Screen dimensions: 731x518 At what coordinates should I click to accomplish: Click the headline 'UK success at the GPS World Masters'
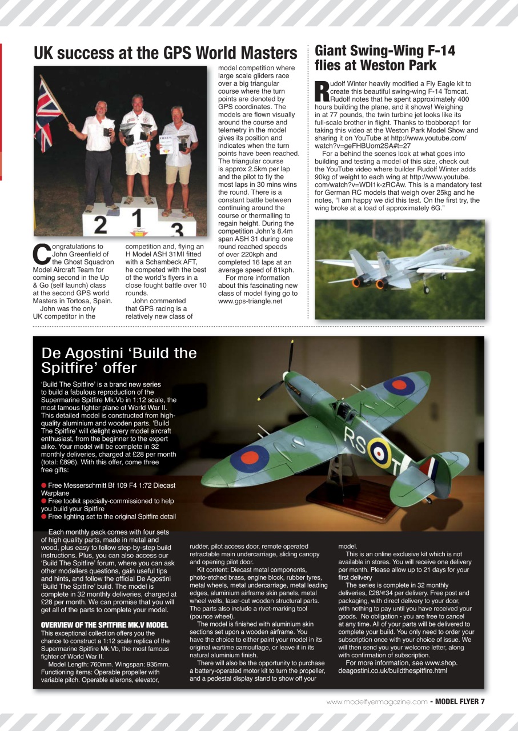[x=166, y=53]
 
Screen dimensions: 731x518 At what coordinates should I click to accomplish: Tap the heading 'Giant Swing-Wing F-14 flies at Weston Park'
[x=385, y=58]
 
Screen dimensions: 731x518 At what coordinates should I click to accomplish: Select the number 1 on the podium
[x=136, y=219]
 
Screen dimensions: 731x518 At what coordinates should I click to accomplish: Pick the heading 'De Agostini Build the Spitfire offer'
[x=119, y=360]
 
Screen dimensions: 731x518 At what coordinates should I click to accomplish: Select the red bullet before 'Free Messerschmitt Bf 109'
[x=44, y=485]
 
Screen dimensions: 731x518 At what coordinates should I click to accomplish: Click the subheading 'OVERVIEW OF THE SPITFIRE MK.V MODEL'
[x=105, y=625]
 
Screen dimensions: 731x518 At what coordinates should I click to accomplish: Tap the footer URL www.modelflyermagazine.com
[x=377, y=701]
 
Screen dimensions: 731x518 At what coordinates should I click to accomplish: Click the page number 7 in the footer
[x=482, y=701]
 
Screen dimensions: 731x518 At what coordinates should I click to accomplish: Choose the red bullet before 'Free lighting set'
[x=44, y=516]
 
